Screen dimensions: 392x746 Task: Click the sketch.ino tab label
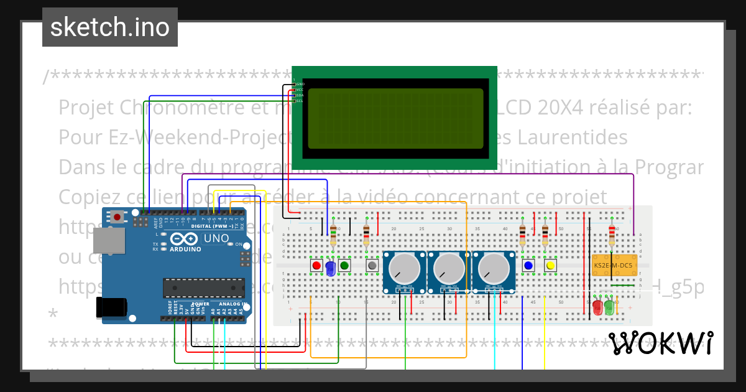pyautogui.click(x=109, y=27)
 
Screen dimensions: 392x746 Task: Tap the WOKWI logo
pyautogui.click(x=660, y=343)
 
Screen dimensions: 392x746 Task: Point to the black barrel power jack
pyautogui.click(x=112, y=307)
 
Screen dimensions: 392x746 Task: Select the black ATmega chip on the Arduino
pyautogui.click(x=203, y=287)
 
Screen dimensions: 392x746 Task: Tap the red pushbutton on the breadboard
pyautogui.click(x=316, y=266)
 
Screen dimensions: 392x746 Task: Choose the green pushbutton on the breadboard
pyautogui.click(x=344, y=266)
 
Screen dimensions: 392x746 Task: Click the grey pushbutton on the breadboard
pyautogui.click(x=372, y=266)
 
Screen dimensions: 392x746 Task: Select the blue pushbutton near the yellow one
pyautogui.click(x=529, y=266)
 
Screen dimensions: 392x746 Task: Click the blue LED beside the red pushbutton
pyautogui.click(x=330, y=268)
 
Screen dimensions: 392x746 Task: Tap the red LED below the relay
pyautogui.click(x=597, y=307)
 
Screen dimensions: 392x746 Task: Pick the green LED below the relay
pyautogui.click(x=609, y=307)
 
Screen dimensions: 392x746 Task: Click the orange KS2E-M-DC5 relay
pyautogui.click(x=613, y=266)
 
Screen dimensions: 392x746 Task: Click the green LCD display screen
pyautogui.click(x=395, y=118)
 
